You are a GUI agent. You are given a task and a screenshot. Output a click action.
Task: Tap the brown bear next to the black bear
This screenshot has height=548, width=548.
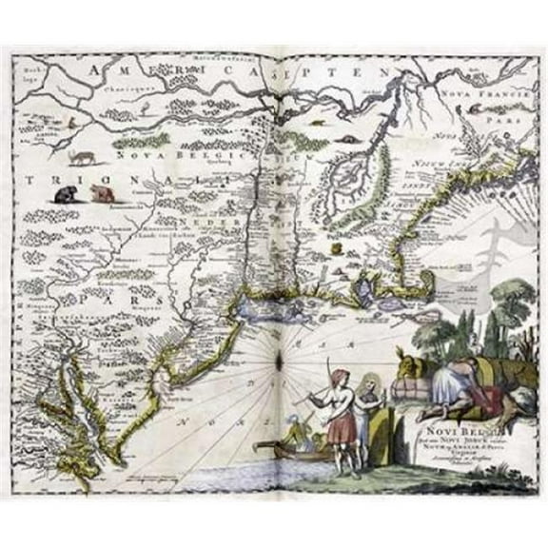point(99,194)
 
